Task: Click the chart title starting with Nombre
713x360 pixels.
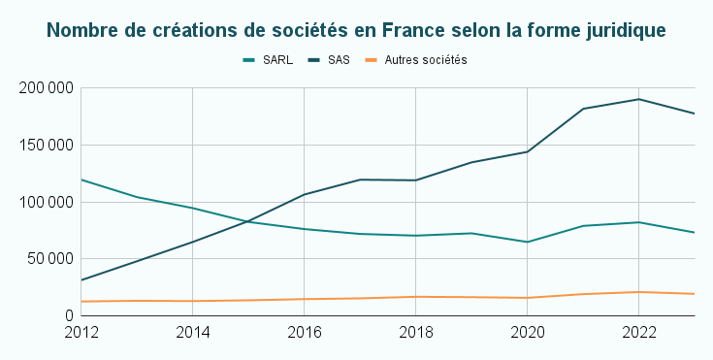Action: tap(356, 30)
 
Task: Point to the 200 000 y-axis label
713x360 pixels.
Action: tap(47, 88)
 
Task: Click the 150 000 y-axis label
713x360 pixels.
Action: tap(47, 146)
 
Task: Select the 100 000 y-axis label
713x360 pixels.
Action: tap(47, 202)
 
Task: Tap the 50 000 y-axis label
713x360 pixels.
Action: tap(50, 259)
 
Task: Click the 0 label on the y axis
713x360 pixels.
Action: tap(70, 315)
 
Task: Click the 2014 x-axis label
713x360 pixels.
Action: tap(193, 333)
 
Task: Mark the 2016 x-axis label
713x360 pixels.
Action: tap(305, 333)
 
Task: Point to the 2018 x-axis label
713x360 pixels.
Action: tap(415, 333)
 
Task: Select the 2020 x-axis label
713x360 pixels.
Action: tap(527, 333)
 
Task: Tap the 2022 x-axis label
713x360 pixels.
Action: tap(637, 333)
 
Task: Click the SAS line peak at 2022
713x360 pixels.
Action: tap(637, 99)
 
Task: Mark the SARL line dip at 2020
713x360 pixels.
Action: tap(527, 242)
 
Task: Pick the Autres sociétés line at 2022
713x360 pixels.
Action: tap(637, 292)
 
